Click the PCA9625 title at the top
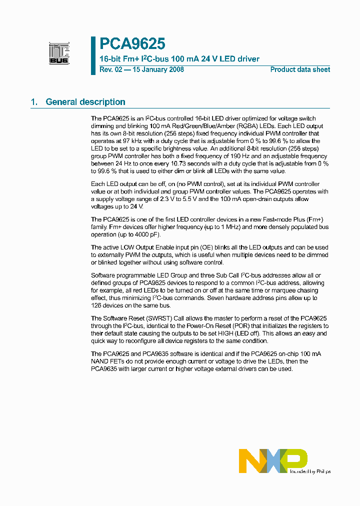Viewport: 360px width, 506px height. pyautogui.click(x=132, y=44)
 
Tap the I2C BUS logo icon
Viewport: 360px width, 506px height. pyautogui.click(x=59, y=53)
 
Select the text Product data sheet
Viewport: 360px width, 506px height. pyautogui.click(x=300, y=69)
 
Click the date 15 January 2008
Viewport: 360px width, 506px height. pyautogui.click(x=158, y=69)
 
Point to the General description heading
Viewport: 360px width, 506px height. pyautogui.click(x=85, y=102)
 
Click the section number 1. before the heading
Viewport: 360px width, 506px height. pyautogui.click(x=34, y=102)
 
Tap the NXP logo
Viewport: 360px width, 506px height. pyautogui.click(x=272, y=460)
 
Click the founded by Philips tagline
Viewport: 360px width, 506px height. pyautogui.click(x=310, y=471)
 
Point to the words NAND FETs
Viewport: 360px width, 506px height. pyautogui.click(x=110, y=361)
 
